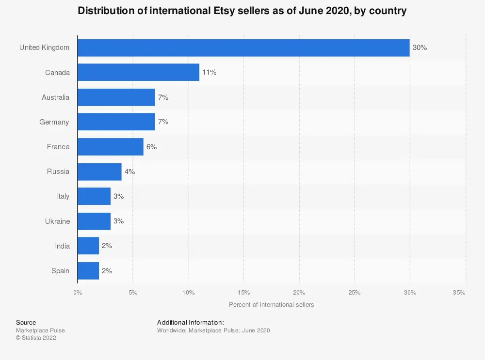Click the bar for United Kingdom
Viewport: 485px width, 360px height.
(243, 47)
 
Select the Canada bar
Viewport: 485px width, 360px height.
(138, 72)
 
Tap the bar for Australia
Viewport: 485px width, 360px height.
(116, 97)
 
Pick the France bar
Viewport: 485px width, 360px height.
(111, 146)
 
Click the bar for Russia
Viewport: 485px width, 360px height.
(99, 172)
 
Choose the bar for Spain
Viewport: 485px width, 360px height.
(88, 270)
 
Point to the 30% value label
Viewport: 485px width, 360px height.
(420, 47)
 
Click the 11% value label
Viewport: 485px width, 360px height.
(209, 72)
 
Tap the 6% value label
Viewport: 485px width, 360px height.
(151, 146)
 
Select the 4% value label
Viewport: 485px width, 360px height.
(129, 172)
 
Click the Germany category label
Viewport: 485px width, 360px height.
(54, 122)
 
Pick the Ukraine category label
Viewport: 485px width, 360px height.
(57, 221)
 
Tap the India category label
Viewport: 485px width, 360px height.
(62, 246)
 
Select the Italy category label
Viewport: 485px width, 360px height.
(63, 196)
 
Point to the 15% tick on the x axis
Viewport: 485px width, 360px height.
(243, 292)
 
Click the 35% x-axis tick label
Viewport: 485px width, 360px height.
(459, 292)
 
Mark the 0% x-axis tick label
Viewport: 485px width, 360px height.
(78, 292)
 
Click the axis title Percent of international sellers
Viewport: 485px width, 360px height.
(271, 304)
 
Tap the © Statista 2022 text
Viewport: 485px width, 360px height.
(36, 338)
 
